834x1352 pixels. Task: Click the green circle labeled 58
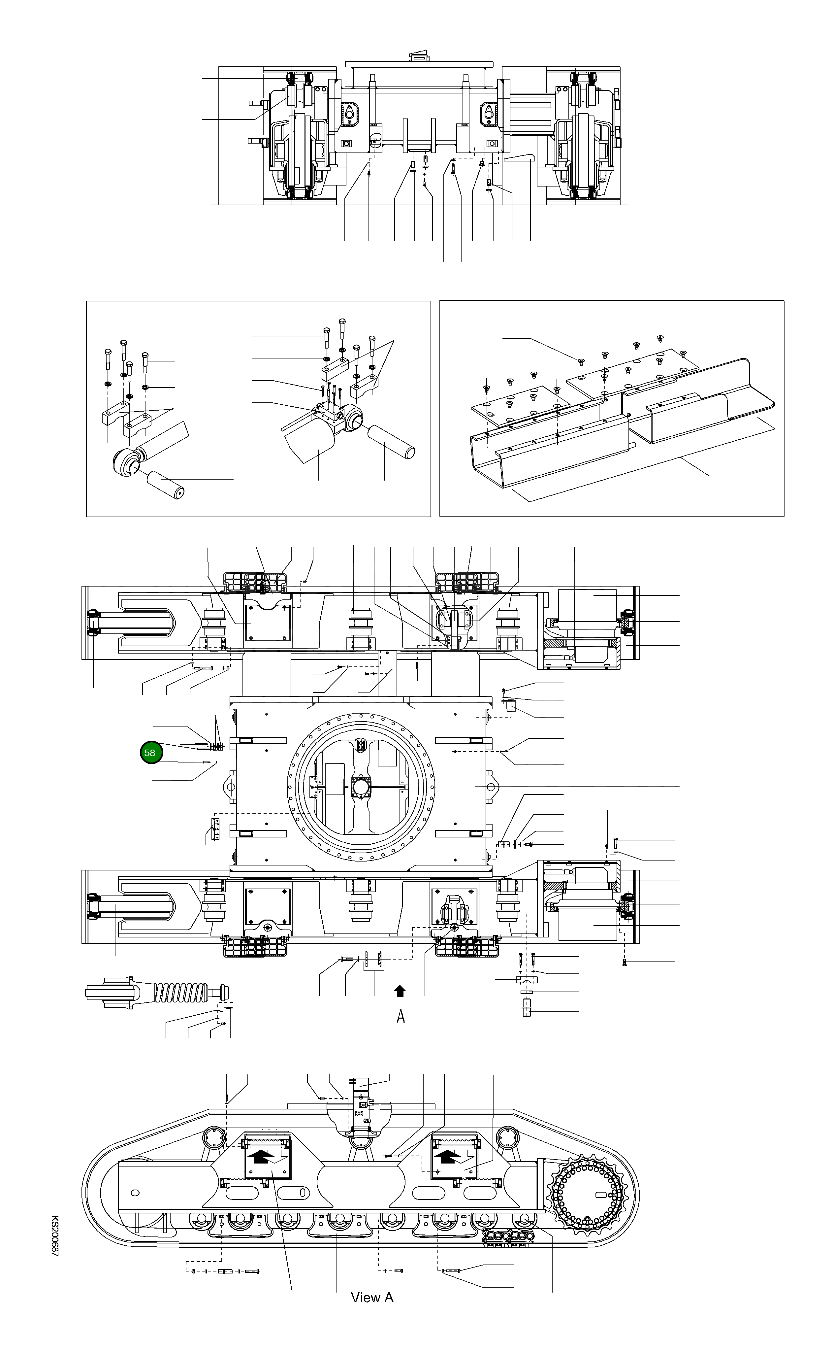tap(151, 752)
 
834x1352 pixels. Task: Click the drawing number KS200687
tap(55, 1242)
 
